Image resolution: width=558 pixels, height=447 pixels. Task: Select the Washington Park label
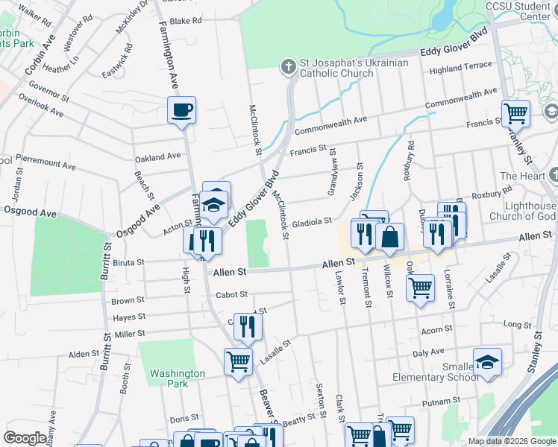click(177, 378)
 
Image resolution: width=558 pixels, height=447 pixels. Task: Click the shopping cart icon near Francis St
click(515, 114)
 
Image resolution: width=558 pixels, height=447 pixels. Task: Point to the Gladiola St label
click(312, 222)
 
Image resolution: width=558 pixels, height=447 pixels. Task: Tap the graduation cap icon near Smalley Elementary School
click(487, 362)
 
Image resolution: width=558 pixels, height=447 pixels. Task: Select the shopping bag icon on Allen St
click(389, 238)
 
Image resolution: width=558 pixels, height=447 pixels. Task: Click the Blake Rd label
click(186, 22)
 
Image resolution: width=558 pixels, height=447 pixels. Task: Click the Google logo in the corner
click(25, 438)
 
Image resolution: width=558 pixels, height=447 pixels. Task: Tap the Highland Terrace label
click(461, 67)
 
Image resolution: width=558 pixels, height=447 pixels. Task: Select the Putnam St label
click(439, 402)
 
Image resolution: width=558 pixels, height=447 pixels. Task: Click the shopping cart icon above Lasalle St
click(238, 362)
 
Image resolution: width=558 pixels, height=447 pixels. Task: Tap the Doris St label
click(184, 419)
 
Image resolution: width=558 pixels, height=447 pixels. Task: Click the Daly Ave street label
click(428, 352)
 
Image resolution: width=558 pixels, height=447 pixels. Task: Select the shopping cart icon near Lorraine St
click(421, 287)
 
